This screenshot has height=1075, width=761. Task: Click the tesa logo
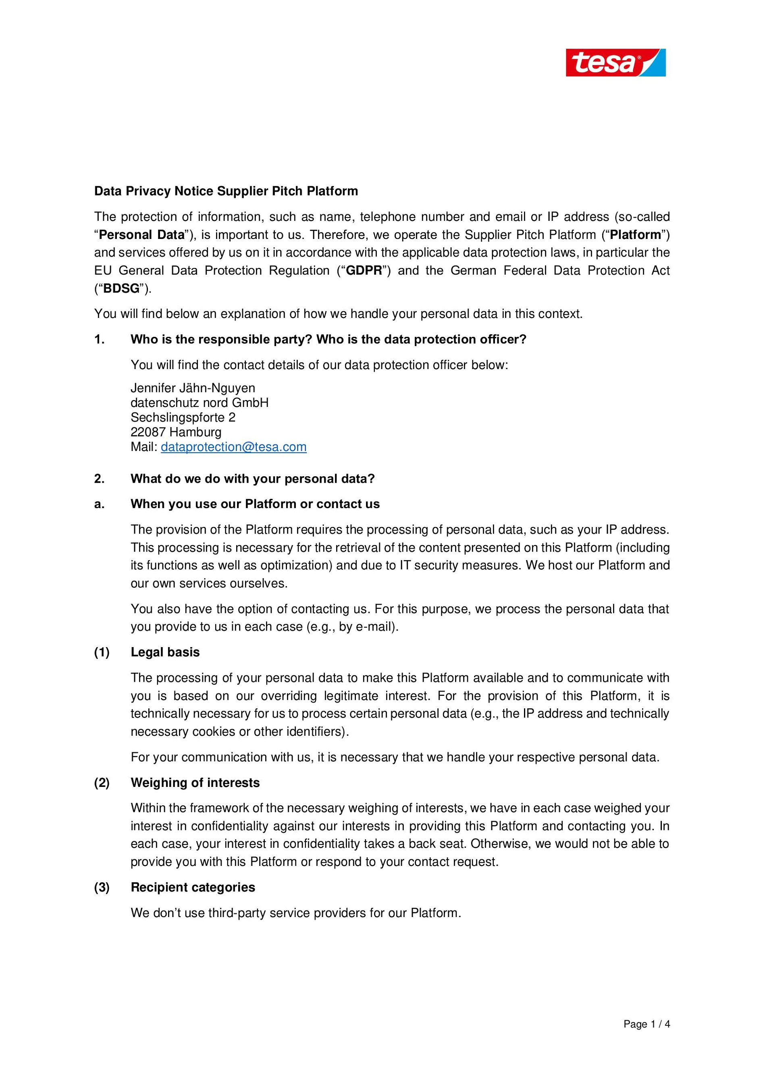(615, 62)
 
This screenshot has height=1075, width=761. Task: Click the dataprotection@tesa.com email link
(233, 447)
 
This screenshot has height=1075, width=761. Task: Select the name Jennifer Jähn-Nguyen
(193, 388)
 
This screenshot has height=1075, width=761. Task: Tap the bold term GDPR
(364, 271)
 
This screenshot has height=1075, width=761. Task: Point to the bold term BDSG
(121, 288)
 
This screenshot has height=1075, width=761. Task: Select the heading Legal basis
(165, 652)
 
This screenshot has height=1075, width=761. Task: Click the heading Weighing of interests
(195, 783)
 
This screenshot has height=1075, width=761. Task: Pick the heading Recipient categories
(193, 887)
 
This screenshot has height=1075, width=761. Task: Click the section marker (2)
(102, 783)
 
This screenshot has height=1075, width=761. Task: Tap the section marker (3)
(102, 887)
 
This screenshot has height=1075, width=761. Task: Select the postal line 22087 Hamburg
(176, 432)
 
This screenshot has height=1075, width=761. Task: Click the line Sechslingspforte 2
(183, 417)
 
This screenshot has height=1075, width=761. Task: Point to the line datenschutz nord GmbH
(199, 403)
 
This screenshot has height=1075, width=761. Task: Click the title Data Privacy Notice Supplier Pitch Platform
(226, 191)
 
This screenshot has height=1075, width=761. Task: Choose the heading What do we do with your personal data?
(253, 479)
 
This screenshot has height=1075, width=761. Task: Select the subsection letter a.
(99, 504)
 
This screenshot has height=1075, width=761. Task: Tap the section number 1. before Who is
(99, 339)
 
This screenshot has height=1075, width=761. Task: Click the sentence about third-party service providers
(296, 913)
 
